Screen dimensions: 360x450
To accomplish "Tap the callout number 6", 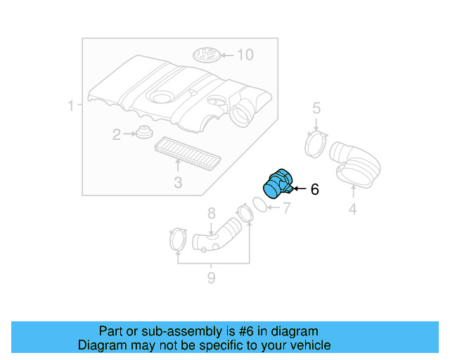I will (x=314, y=189).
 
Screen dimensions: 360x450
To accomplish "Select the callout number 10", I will (x=244, y=54).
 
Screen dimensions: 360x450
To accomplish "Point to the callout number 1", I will (x=71, y=106).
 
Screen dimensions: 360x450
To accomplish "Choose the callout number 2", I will (x=117, y=134).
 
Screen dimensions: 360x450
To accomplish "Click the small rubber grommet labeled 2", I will (x=145, y=132).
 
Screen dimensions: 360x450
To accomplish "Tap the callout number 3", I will (x=178, y=184).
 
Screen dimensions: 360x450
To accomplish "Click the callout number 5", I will (x=316, y=108).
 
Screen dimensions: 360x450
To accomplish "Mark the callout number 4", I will (x=352, y=208).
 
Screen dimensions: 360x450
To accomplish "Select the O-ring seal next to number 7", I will (x=259, y=203).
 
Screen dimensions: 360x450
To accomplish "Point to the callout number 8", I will (x=210, y=213).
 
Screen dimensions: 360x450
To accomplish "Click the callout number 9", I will (x=211, y=278).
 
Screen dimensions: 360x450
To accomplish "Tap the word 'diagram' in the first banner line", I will (x=290, y=331).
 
